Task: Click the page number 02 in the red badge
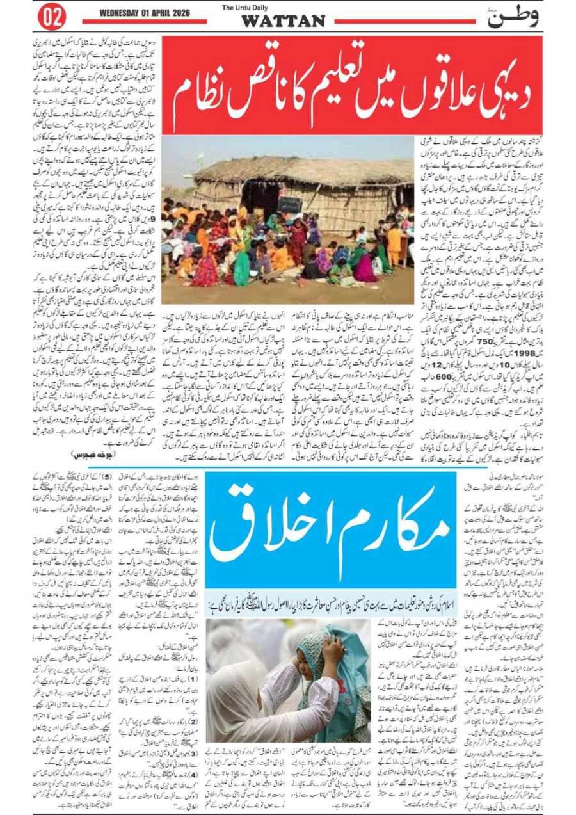52,19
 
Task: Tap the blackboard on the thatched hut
289,205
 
